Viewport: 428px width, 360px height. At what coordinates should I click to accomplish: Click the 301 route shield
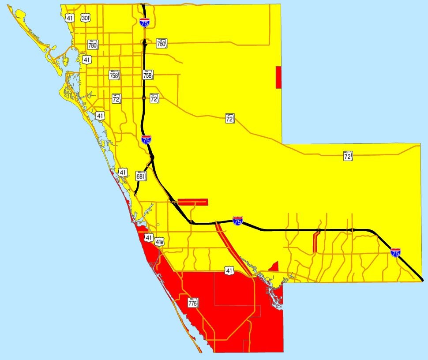click(x=86, y=18)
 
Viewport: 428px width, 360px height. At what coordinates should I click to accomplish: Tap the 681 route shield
click(x=141, y=176)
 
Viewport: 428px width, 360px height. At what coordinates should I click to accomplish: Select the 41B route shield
click(x=160, y=241)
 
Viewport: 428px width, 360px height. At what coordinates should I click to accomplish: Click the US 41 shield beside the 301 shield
click(x=69, y=18)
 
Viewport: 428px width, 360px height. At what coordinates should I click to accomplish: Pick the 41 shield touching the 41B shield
click(x=148, y=238)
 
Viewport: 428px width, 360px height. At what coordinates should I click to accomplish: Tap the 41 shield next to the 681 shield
click(x=123, y=172)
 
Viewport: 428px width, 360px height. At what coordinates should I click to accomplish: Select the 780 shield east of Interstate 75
click(x=161, y=44)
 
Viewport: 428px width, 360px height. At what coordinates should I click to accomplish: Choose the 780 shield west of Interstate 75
click(x=92, y=45)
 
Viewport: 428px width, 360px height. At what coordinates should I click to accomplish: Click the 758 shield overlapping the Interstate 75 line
click(x=147, y=75)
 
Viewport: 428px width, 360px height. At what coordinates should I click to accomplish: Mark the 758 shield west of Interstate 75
click(x=114, y=75)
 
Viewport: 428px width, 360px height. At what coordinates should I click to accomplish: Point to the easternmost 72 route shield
click(x=348, y=156)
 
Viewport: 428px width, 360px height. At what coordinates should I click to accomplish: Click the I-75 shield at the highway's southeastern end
click(x=396, y=252)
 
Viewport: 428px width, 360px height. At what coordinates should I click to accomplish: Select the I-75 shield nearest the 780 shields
click(x=144, y=23)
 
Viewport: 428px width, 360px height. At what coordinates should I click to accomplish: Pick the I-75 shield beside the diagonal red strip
click(x=237, y=221)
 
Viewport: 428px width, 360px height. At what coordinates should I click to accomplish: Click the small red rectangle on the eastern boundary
click(x=278, y=77)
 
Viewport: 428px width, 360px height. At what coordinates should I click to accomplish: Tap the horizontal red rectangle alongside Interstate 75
click(x=192, y=202)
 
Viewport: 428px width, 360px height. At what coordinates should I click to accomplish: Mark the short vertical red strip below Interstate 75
click(x=315, y=242)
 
